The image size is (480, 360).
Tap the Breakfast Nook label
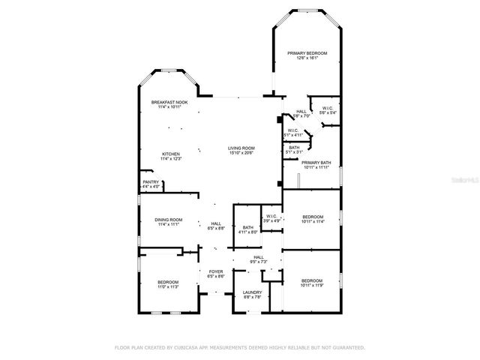pos(169,102)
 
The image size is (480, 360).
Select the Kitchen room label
pos(171,154)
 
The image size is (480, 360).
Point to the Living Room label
pos(241,148)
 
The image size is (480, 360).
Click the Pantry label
pos(151,181)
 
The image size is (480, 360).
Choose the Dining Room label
pos(169,220)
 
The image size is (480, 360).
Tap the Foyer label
pos(216,271)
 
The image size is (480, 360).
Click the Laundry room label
pos(252,292)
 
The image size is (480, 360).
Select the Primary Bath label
pos(316,163)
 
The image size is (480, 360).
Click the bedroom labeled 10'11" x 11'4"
pos(311,217)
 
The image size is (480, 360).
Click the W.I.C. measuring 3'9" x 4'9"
pos(272,217)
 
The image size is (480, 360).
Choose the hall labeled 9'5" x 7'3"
pos(259,257)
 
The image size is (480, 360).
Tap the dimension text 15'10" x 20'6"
pos(241,152)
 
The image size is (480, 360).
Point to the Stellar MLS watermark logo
pos(464,180)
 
